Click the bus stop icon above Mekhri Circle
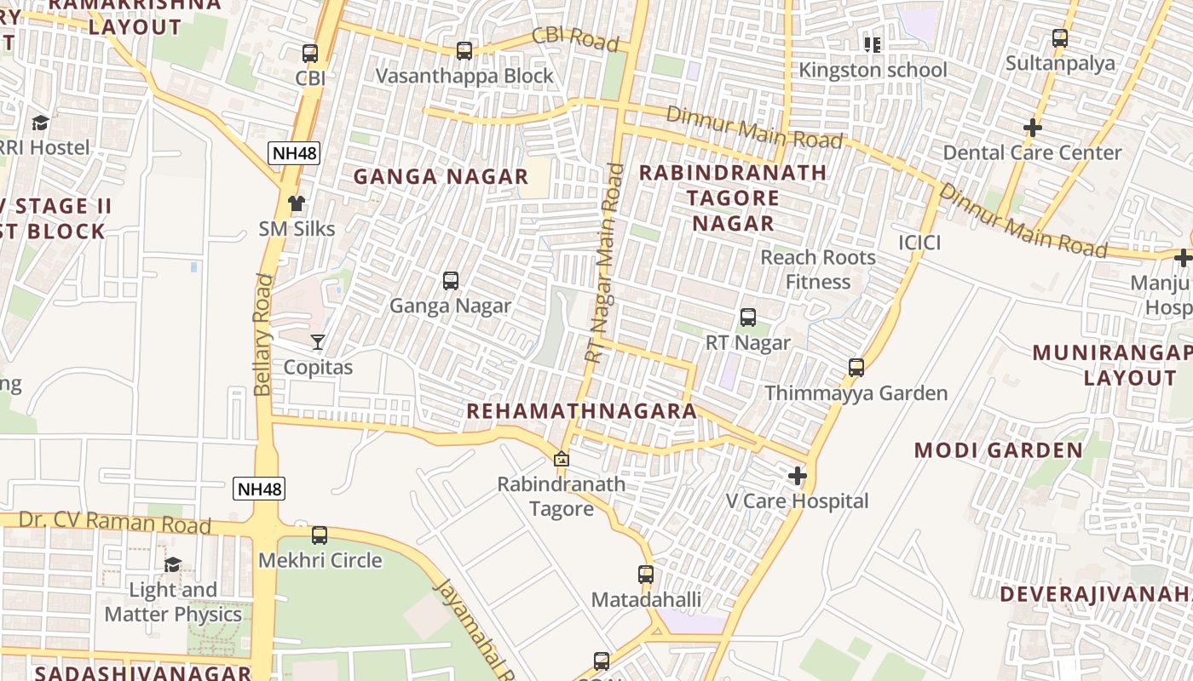pyautogui.click(x=320, y=535)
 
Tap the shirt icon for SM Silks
pyautogui.click(x=297, y=203)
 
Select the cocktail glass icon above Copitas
pyautogui.click(x=318, y=342)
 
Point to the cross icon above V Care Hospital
pyautogui.click(x=798, y=476)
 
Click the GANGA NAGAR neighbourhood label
pyautogui.click(x=441, y=177)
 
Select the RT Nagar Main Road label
pyautogui.click(x=604, y=263)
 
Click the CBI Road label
pyautogui.click(x=574, y=38)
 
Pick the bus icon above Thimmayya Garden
pyautogui.click(x=856, y=368)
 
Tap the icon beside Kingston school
pyautogui.click(x=872, y=44)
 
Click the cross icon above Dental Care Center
pyautogui.click(x=1033, y=128)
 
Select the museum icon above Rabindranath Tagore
pyautogui.click(x=561, y=460)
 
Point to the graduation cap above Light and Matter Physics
pyautogui.click(x=173, y=564)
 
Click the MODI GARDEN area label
pyautogui.click(x=999, y=450)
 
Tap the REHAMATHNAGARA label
pyautogui.click(x=581, y=411)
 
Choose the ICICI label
pyautogui.click(x=919, y=243)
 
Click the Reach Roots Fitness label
pyautogui.click(x=818, y=269)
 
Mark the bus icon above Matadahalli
pyautogui.click(x=646, y=575)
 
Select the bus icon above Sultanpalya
pyautogui.click(x=1060, y=38)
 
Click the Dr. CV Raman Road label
pyautogui.click(x=115, y=522)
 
